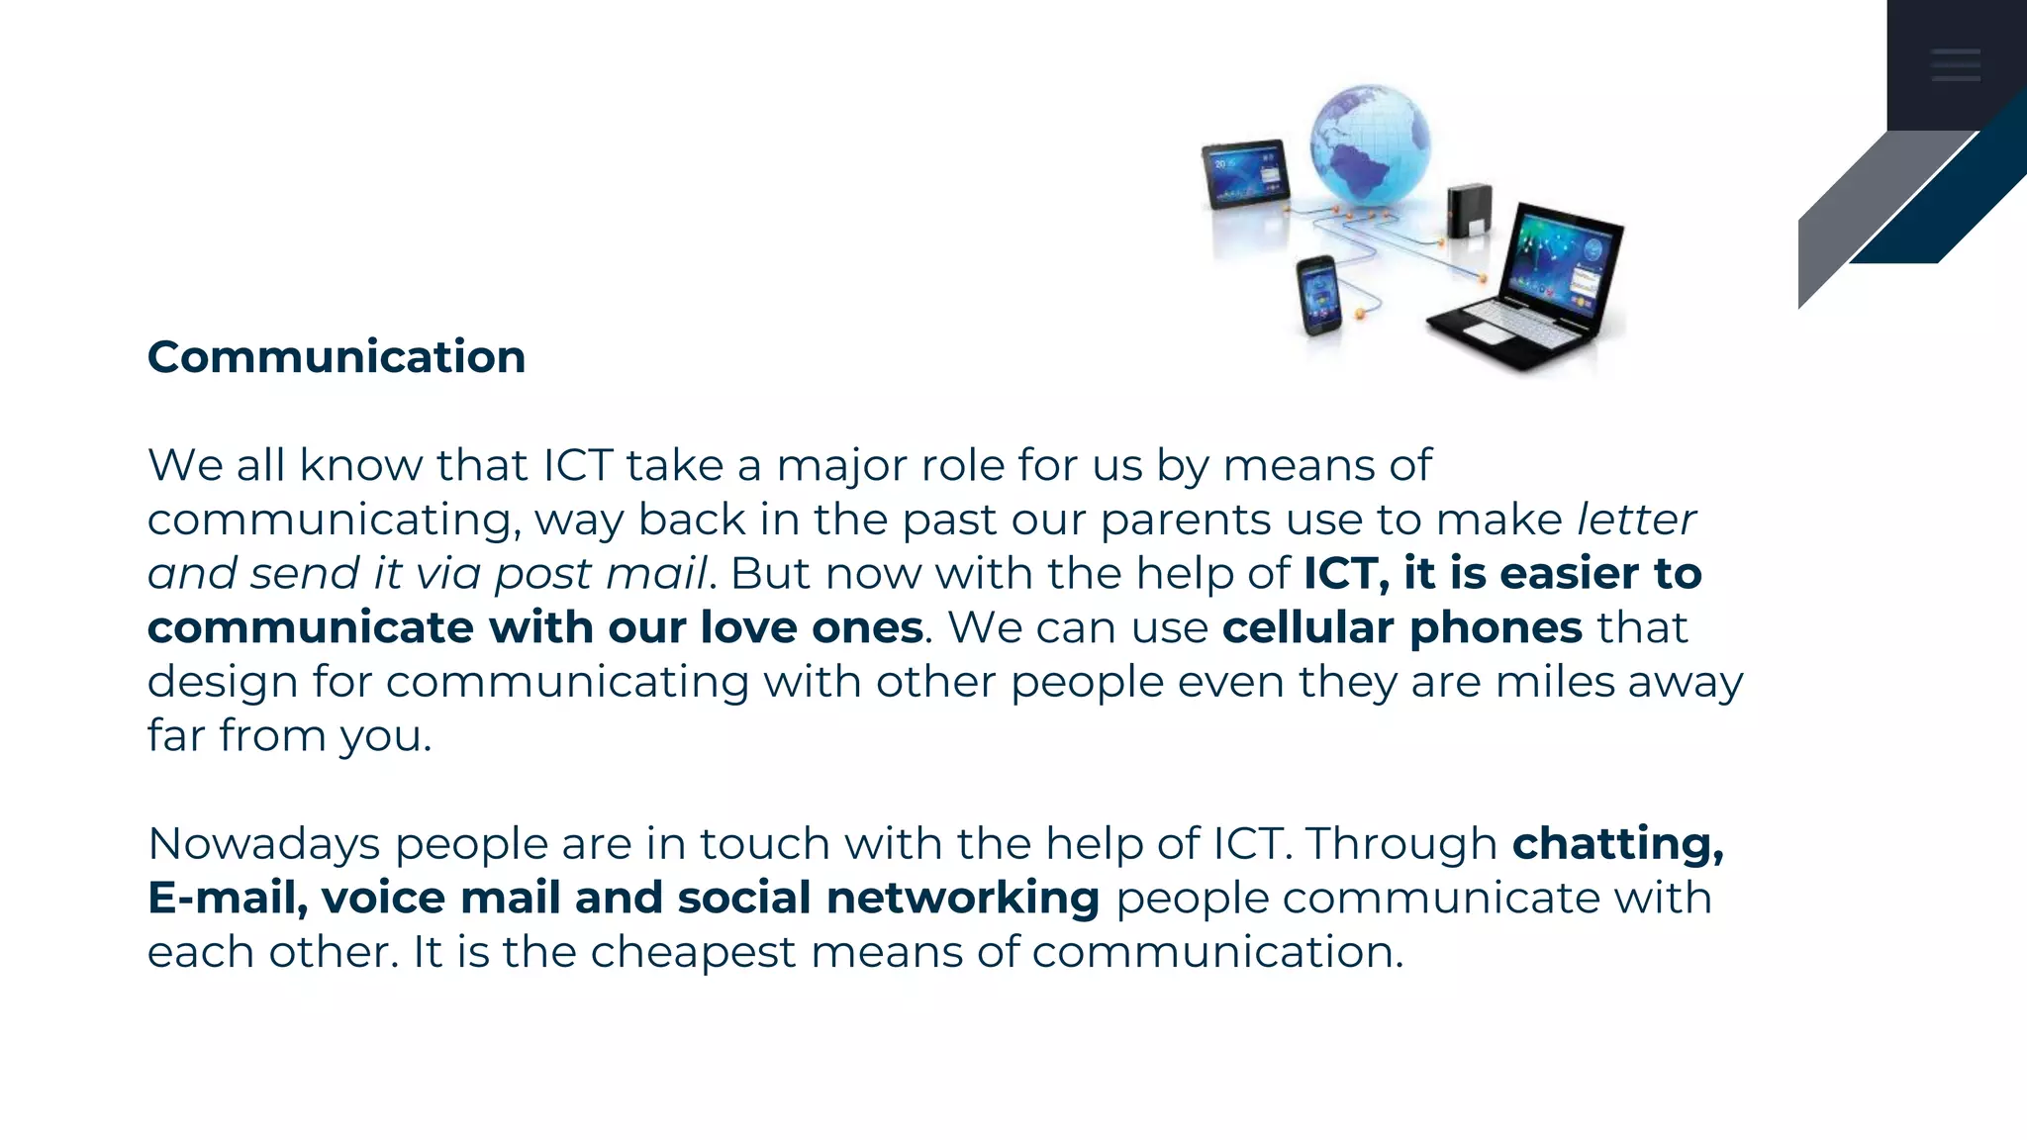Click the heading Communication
pos(337,357)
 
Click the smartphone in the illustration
pos(1318,295)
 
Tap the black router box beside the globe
pos(1469,211)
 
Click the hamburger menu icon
pos(1956,64)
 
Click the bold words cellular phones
pos(1402,627)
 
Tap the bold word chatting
pos(1617,844)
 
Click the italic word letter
pos(1637,520)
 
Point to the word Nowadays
pos(264,844)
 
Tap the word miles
pos(1555,682)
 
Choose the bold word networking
pos(963,898)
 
